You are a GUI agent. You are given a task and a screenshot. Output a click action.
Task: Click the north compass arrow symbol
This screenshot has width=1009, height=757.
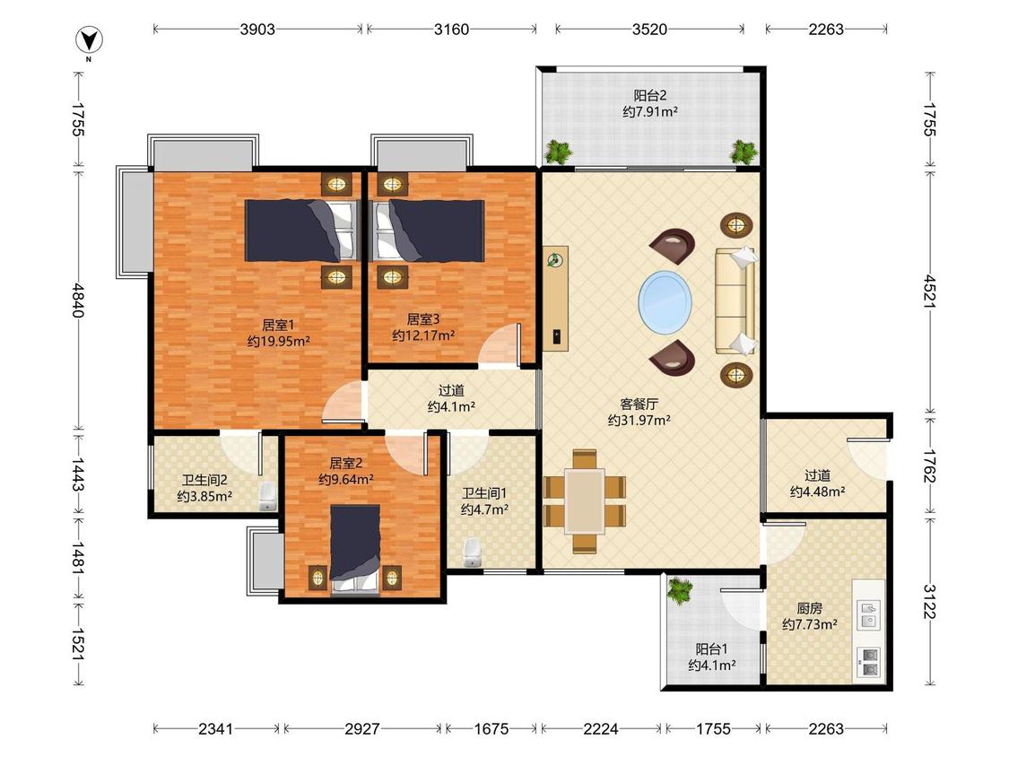89,41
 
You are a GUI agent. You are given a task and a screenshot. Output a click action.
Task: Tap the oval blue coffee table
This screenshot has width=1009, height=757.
665,302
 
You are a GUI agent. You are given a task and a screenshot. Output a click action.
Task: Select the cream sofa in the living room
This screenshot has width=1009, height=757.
735,301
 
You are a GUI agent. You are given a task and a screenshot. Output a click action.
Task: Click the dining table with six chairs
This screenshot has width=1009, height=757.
584,501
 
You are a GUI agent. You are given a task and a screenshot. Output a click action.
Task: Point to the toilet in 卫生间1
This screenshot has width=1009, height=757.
473,553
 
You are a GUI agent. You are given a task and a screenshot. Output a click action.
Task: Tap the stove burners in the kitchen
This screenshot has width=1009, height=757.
868,662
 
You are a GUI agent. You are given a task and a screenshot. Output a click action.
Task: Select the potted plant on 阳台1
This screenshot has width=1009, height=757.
680,590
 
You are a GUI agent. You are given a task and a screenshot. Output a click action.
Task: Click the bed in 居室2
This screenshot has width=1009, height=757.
354,549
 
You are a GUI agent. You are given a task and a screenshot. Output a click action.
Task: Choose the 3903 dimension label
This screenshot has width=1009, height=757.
257,29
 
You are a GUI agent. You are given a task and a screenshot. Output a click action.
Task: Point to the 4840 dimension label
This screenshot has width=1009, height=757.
78,300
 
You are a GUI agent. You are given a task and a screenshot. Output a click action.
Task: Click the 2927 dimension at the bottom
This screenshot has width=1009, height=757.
362,728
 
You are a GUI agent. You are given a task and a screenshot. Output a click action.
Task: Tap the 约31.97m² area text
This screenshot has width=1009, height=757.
639,421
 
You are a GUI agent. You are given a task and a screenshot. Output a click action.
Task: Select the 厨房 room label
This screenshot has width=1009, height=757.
810,608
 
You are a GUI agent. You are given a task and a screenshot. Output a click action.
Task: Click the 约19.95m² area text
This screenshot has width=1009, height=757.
279,341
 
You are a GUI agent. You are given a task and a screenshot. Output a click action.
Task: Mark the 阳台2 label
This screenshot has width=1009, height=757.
650,96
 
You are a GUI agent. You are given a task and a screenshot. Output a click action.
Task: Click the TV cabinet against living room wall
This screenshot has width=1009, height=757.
555,298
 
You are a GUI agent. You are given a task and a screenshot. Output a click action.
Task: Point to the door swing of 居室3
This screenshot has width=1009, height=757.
500,344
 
